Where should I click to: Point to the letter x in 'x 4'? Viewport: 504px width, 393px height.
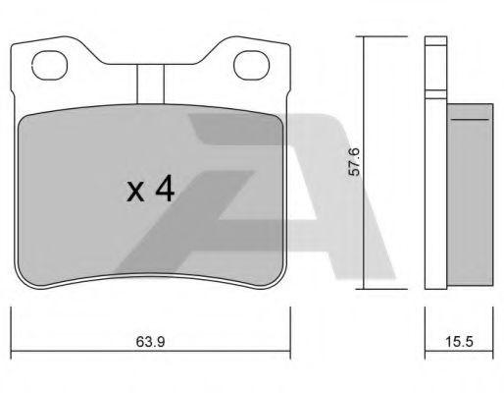[x=135, y=192]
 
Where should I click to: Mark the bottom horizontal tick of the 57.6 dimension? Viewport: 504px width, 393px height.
[x=365, y=289]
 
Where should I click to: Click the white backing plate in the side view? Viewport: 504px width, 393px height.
[x=433, y=167]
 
